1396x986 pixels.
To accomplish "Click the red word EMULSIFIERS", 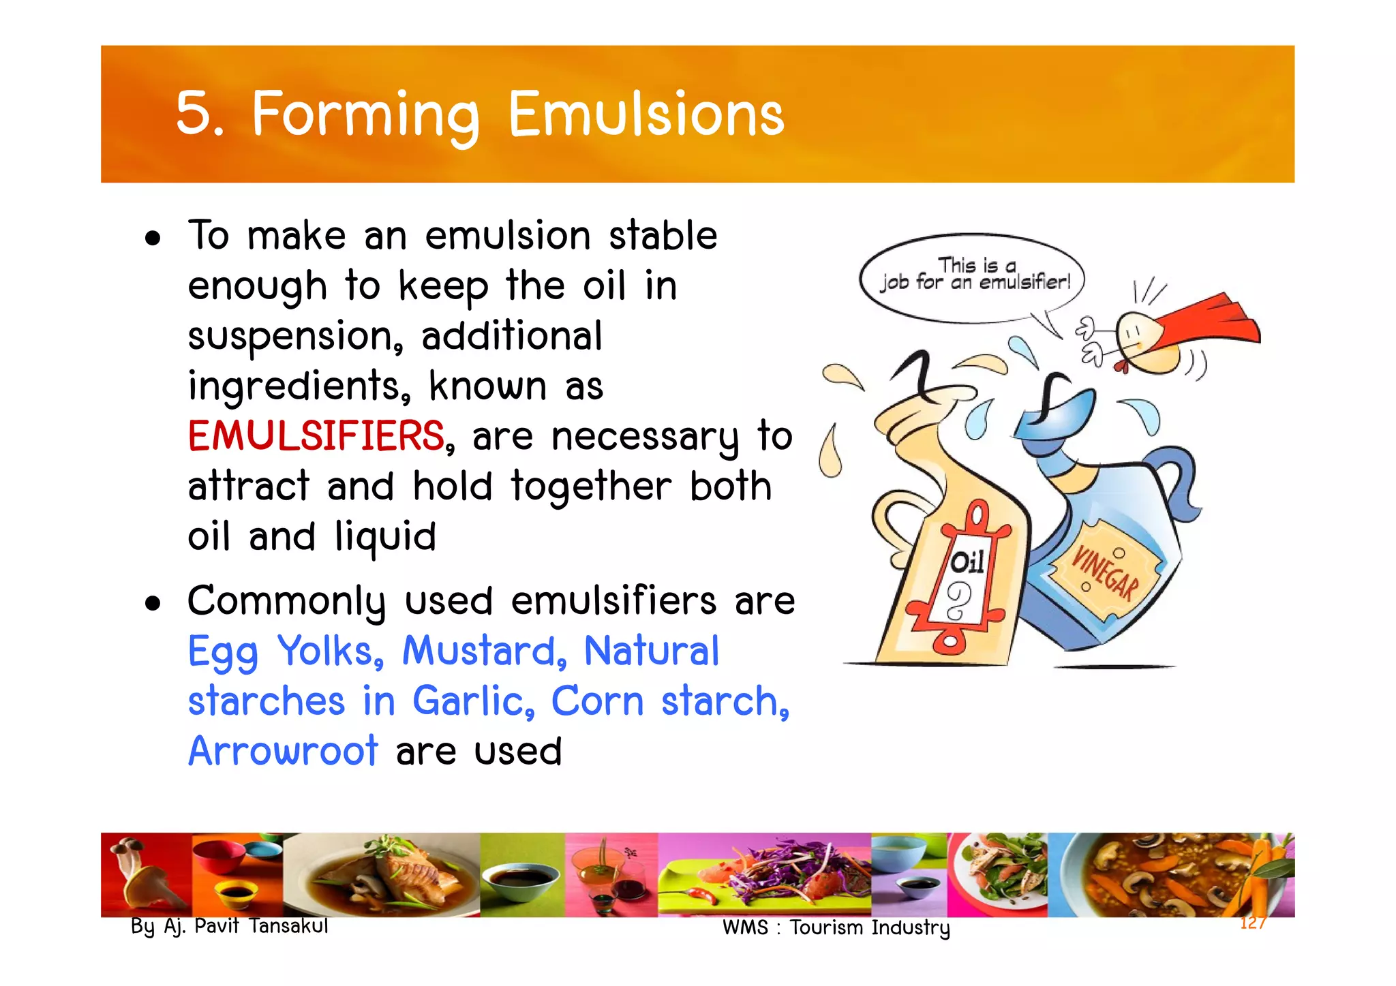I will pyautogui.click(x=316, y=436).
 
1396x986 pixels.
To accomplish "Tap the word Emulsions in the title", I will pyautogui.click(x=646, y=114).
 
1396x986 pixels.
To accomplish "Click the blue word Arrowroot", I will pyautogui.click(x=282, y=751).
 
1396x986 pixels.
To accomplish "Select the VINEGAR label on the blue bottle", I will pyautogui.click(x=1104, y=572).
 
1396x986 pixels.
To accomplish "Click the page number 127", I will pyautogui.click(x=1253, y=923).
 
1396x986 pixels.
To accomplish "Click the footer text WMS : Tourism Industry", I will pyautogui.click(x=836, y=927).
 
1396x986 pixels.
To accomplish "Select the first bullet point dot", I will pyautogui.click(x=153, y=238).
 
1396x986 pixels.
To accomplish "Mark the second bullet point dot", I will pyautogui.click(x=153, y=604).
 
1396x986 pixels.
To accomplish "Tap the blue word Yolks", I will pyautogui.click(x=329, y=651).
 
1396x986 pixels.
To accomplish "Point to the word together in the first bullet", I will pyautogui.click(x=591, y=487).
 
